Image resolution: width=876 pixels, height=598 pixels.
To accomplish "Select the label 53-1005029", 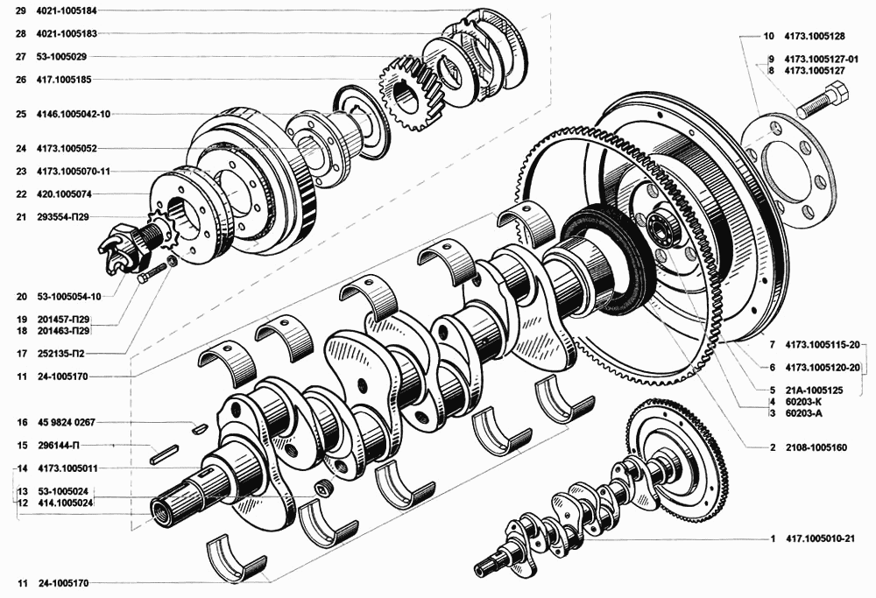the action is tap(62, 56).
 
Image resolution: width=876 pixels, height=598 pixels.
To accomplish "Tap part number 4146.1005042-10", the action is tap(74, 114).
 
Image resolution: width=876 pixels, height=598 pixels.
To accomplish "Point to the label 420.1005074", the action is tap(64, 194).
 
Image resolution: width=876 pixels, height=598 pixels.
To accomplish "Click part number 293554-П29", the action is tap(62, 217).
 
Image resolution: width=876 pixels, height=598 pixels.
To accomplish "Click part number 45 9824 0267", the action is tap(67, 423).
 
